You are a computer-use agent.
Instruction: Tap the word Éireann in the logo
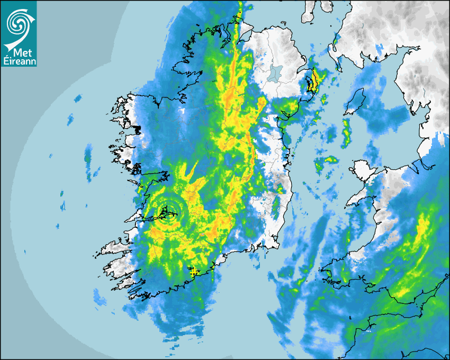[19, 61]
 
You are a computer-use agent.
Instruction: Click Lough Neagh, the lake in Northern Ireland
[275, 73]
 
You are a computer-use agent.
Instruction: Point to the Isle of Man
[355, 102]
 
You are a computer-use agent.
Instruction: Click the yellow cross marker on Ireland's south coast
[194, 272]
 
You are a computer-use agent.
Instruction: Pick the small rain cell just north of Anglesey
[331, 159]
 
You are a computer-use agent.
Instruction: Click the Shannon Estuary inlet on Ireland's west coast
[139, 218]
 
